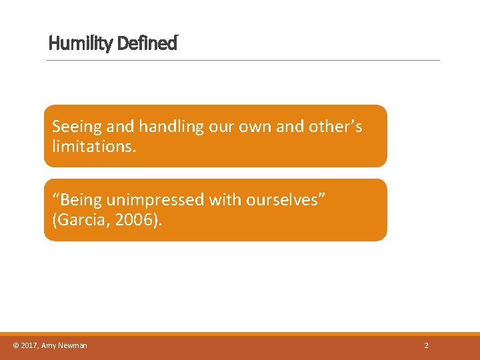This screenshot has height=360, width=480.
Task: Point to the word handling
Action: click(x=161, y=126)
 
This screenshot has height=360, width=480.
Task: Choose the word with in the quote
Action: click(x=227, y=200)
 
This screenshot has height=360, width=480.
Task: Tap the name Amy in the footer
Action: click(x=49, y=345)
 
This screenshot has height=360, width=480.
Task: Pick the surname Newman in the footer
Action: click(x=73, y=345)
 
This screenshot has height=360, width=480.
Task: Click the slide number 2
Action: click(x=427, y=345)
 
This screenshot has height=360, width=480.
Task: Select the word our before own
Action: click(x=223, y=126)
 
